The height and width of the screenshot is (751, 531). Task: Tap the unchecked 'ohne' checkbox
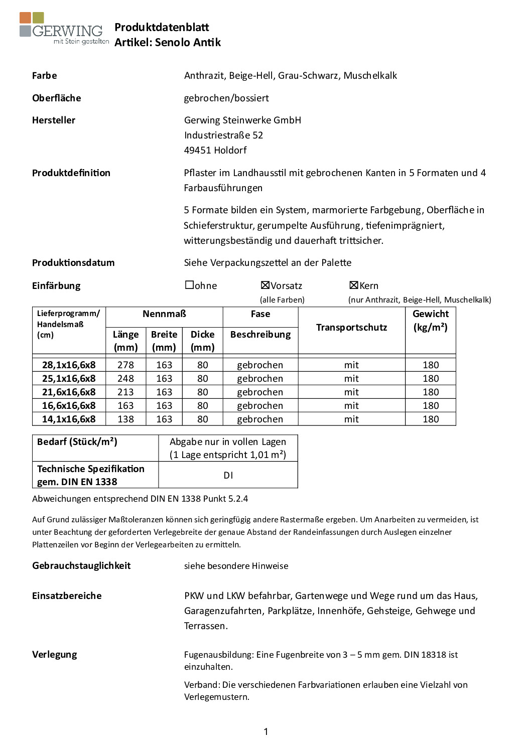tap(190, 285)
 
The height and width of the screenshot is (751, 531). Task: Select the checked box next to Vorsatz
tap(265, 285)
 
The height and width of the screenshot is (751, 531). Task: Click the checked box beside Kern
tap(354, 285)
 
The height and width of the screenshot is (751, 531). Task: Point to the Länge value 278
tap(125, 365)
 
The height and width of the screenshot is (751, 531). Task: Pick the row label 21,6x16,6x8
tap(69, 392)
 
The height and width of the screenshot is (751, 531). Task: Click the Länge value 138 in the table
tap(125, 419)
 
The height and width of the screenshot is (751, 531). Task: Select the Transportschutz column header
tap(351, 327)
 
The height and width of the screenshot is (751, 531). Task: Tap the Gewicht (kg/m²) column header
tap(431, 320)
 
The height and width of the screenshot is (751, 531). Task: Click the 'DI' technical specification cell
tap(228, 475)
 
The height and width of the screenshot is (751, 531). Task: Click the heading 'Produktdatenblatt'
tap(162, 27)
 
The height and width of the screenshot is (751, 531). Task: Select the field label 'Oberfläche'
tap(57, 98)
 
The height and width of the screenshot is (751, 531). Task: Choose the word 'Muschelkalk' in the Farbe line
tap(370, 75)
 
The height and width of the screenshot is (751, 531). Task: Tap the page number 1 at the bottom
tap(265, 731)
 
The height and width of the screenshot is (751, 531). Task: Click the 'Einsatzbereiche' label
tap(67, 595)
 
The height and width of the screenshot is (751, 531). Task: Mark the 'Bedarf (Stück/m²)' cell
tap(77, 441)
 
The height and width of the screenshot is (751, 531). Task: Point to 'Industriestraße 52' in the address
tap(223, 135)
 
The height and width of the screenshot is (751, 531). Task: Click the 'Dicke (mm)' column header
tap(203, 341)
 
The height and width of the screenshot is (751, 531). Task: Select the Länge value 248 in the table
tap(125, 378)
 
